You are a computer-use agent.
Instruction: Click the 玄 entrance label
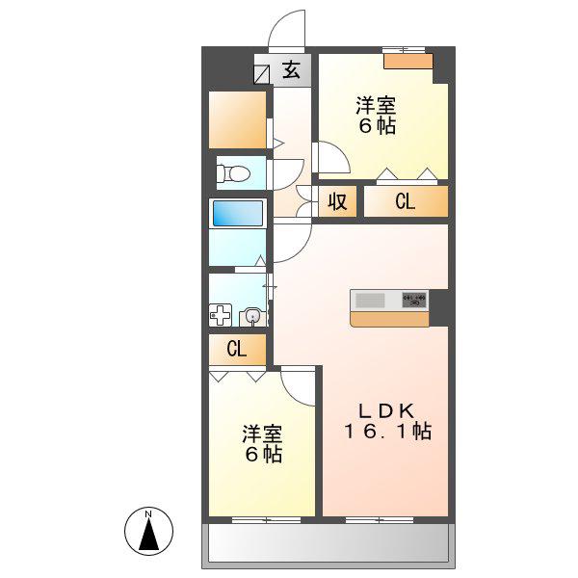[291, 70]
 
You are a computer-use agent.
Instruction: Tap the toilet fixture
[233, 172]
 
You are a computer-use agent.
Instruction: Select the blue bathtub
[238, 214]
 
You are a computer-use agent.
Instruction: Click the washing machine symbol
[221, 315]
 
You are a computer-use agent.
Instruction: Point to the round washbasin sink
[252, 317]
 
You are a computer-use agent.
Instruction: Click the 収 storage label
[337, 201]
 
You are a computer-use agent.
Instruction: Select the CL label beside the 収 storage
[406, 201]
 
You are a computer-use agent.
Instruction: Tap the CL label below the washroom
[236, 349]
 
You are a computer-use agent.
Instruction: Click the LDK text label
[386, 410]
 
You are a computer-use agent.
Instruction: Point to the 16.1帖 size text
[388, 432]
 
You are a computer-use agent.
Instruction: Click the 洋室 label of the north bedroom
[376, 105]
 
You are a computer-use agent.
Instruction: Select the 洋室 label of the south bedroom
[262, 434]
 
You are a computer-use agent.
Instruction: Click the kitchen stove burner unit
[414, 300]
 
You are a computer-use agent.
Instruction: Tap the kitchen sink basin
[371, 301]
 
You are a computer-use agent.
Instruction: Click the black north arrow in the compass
[149, 533]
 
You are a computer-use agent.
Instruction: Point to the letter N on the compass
[148, 513]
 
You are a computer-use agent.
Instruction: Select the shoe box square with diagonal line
[262, 74]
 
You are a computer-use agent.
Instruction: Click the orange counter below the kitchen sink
[389, 319]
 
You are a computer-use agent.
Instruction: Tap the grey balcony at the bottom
[328, 542]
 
